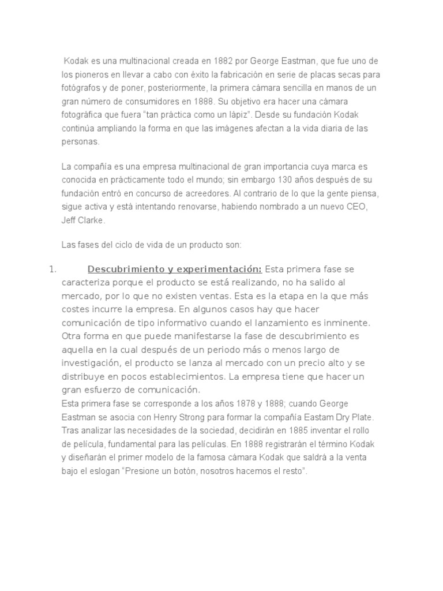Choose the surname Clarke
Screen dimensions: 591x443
pyautogui.click(x=91, y=220)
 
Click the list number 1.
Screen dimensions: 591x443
pyautogui.click(x=50, y=269)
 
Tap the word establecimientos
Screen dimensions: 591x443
pyautogui.click(x=186, y=376)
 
